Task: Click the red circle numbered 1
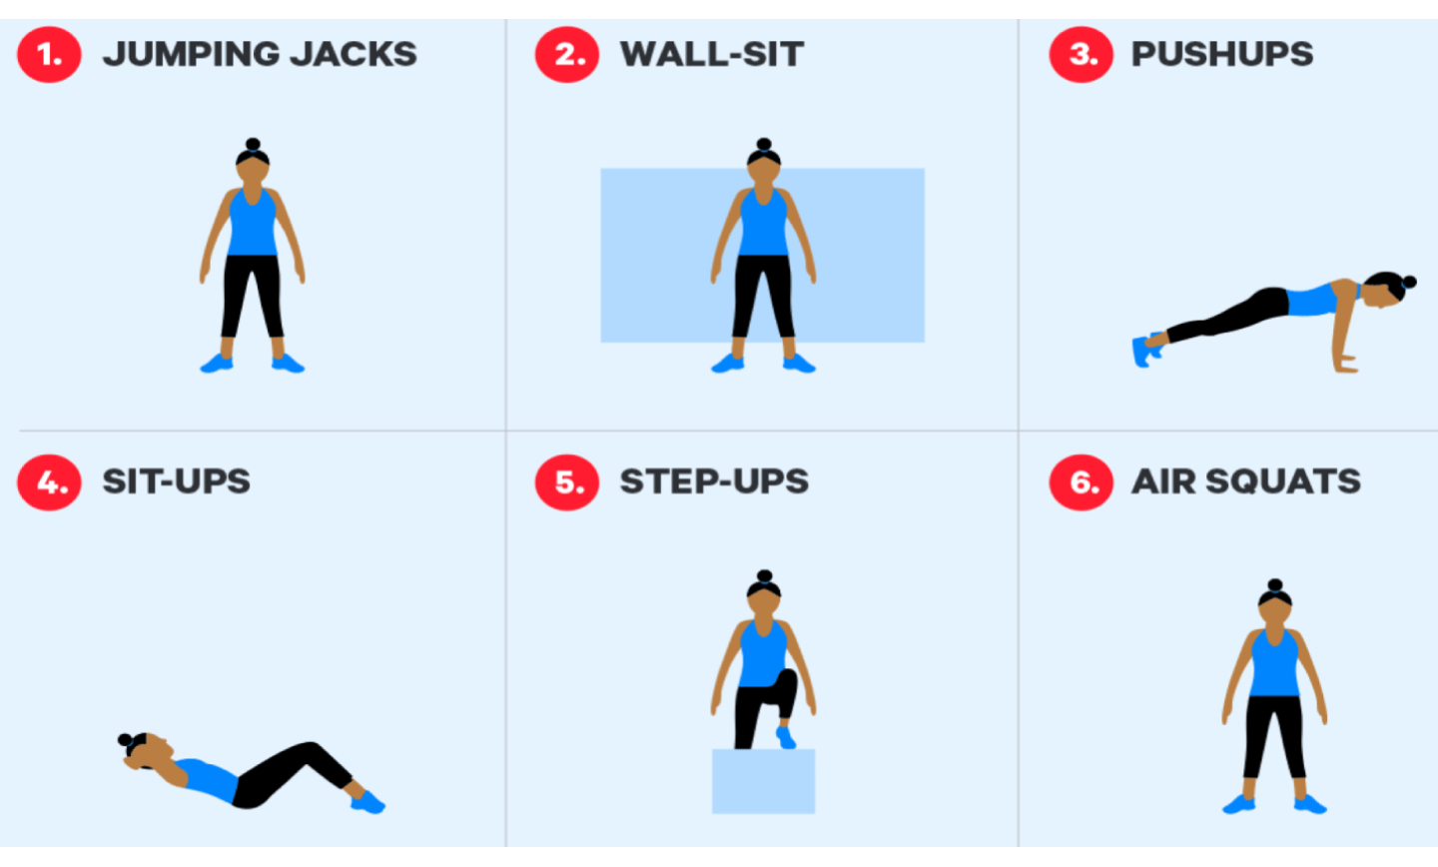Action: (50, 54)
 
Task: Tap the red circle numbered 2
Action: (567, 54)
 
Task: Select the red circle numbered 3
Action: (1081, 54)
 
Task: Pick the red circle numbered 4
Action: (50, 482)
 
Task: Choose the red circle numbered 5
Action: (567, 482)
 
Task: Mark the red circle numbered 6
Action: (1081, 482)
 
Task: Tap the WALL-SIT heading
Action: (712, 54)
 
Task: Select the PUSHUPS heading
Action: (1222, 54)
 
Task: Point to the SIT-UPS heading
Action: (177, 481)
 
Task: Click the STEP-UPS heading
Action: (715, 481)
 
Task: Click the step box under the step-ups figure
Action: (763, 781)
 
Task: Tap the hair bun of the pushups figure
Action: (1409, 282)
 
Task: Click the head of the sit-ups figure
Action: (148, 751)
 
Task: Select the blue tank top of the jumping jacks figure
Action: (253, 222)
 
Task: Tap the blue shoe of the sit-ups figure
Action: (367, 802)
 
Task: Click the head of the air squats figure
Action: (1275, 609)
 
